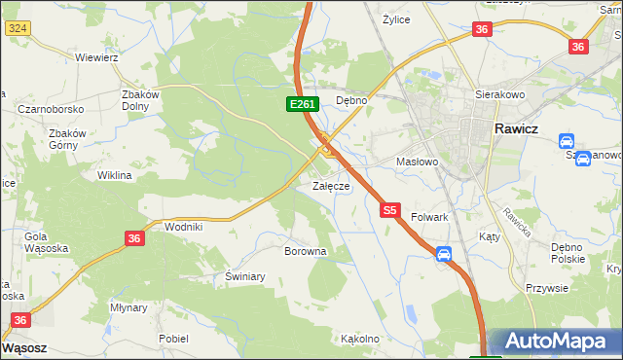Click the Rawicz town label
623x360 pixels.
click(525, 128)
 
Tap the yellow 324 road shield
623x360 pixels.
click(16, 28)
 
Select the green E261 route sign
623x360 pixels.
click(301, 104)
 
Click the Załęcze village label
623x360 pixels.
click(331, 186)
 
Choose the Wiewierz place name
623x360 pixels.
click(96, 57)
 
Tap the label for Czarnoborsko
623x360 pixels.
click(50, 109)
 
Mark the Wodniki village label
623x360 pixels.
click(184, 227)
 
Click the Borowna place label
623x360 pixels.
click(305, 251)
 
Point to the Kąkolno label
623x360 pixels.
click(359, 340)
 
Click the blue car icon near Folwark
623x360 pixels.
click(444, 255)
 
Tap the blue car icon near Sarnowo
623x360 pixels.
click(582, 159)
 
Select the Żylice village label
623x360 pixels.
click(396, 19)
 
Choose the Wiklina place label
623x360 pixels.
click(114, 176)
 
